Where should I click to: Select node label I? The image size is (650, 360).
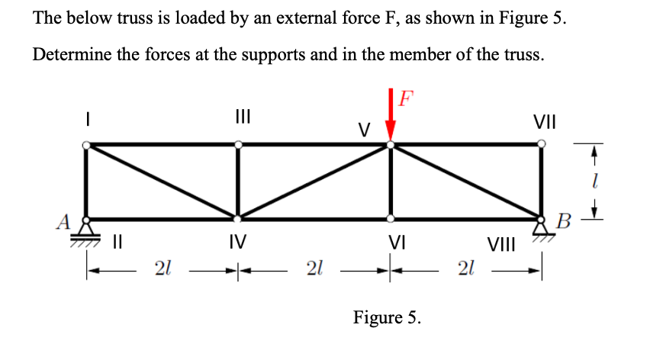pos(88,120)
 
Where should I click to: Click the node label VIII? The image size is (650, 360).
pos(501,246)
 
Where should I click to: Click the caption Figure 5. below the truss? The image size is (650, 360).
pos(387,317)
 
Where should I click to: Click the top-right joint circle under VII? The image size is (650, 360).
pos(542,142)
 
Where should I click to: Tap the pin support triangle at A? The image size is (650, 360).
pos(88,227)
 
